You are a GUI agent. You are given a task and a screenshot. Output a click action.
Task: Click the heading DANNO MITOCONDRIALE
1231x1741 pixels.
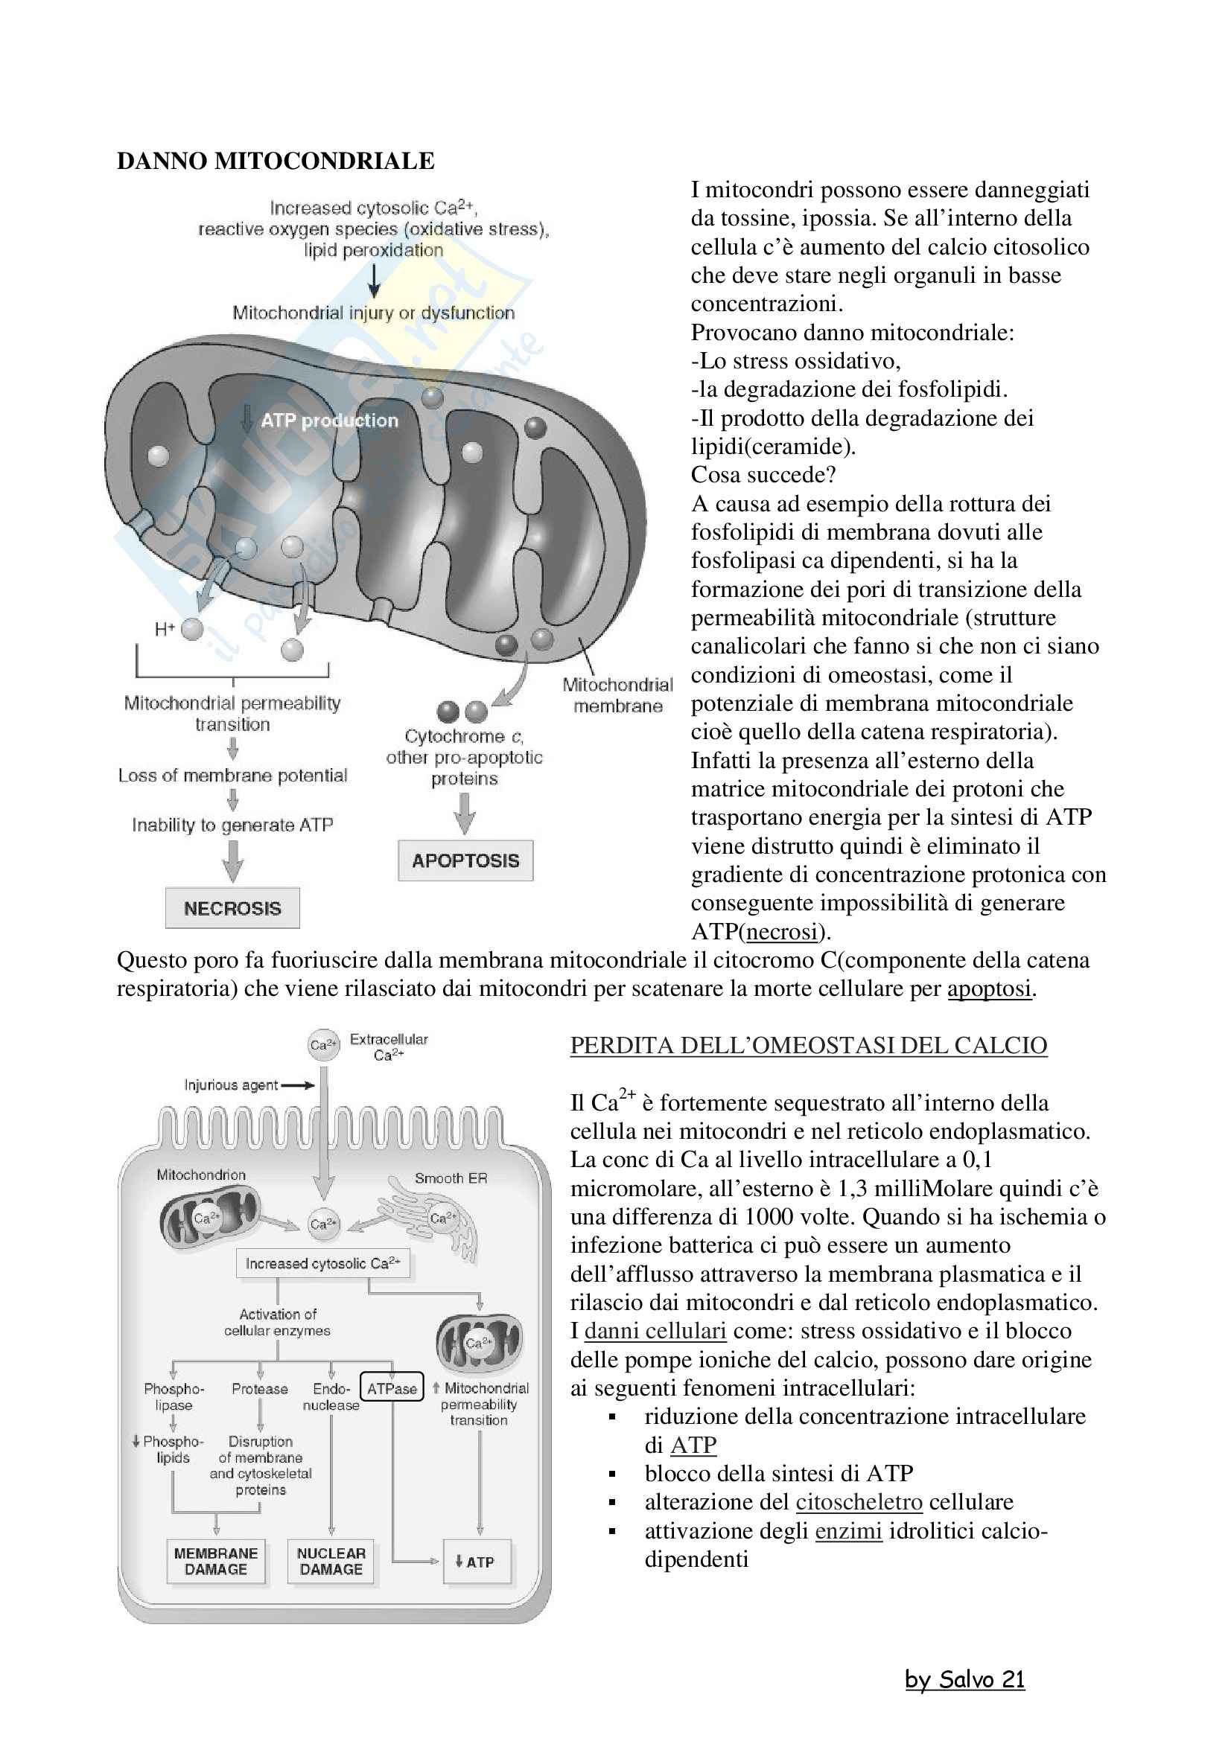point(276,161)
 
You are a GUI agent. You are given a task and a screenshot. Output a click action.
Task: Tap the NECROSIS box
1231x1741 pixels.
point(232,907)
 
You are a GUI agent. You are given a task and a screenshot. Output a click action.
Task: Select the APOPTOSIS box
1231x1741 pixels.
point(465,860)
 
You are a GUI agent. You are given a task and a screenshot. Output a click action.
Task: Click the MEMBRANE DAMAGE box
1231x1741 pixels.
point(216,1562)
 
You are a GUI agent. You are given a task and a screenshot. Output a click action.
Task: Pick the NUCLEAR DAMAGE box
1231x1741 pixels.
point(331,1562)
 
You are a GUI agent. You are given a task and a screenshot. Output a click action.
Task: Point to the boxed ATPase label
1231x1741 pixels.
point(392,1388)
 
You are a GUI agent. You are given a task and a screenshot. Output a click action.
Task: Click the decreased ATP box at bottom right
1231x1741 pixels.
point(477,1562)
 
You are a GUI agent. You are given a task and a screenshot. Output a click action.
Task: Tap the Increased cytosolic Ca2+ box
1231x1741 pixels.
point(323,1263)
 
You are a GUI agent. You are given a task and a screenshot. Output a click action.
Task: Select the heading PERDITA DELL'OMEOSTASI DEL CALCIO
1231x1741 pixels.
point(809,1045)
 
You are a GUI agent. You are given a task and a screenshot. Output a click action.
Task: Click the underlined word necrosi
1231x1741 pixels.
point(783,931)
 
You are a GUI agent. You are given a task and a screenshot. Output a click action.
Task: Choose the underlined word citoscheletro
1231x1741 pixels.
point(859,1501)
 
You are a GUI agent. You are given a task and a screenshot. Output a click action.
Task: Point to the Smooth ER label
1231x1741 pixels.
point(451,1178)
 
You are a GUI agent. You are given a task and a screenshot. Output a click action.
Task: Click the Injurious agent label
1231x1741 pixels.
point(232,1085)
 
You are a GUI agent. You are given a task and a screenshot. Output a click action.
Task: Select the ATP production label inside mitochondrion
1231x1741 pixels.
point(329,421)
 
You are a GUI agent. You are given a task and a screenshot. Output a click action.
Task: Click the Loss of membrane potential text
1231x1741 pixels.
point(232,775)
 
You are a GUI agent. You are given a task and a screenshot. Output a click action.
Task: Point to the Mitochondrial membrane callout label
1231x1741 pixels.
point(617,695)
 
